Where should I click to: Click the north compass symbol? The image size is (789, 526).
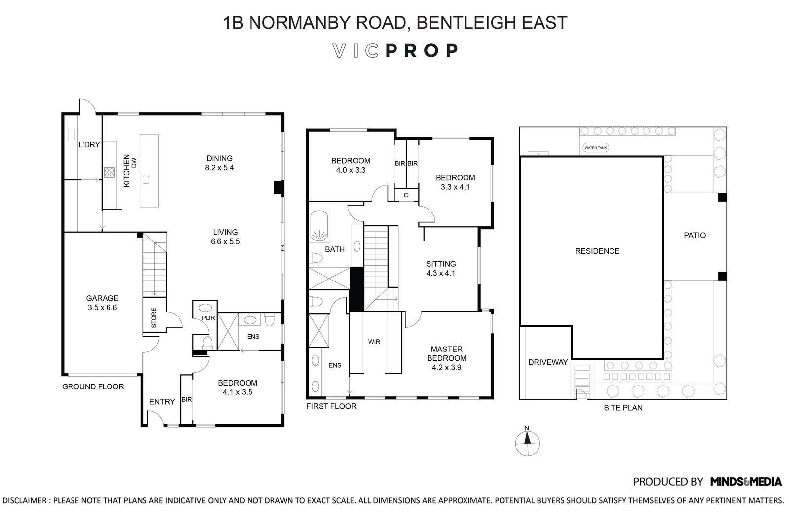(527, 442)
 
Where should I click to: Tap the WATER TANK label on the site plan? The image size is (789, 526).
(596, 148)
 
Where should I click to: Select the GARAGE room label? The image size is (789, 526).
(102, 298)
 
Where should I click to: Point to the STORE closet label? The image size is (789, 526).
(154, 317)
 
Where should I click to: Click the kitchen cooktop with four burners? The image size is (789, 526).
(109, 173)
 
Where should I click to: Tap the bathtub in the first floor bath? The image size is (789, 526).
(320, 225)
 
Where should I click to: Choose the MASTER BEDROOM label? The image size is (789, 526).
(447, 354)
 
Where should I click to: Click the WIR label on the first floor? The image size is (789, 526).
(374, 342)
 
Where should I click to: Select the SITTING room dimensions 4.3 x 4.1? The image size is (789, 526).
(441, 273)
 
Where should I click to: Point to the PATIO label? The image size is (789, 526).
(695, 235)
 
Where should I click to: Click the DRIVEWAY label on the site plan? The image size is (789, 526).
(548, 362)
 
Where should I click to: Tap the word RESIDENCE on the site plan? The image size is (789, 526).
(597, 251)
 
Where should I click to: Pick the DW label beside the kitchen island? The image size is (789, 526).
(134, 163)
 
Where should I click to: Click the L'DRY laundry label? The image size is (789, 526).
(89, 145)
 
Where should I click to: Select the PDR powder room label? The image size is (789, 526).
(208, 318)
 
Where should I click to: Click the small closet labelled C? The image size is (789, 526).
(406, 195)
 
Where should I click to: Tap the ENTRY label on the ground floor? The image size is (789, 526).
(162, 402)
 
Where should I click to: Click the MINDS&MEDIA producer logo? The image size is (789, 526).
(746, 482)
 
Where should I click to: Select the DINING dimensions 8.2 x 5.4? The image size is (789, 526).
(219, 168)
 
